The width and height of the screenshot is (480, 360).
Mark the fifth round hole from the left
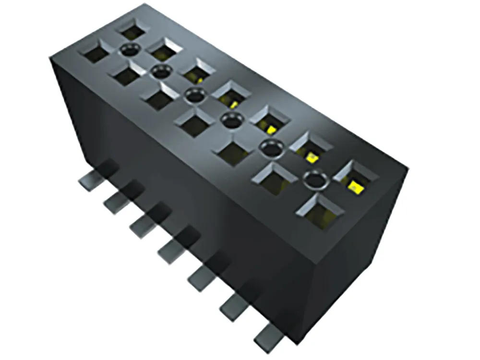(x=271, y=149)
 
